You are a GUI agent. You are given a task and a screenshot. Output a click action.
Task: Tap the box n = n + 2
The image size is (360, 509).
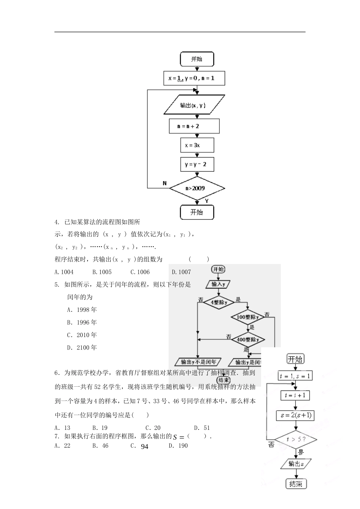coord(194,126)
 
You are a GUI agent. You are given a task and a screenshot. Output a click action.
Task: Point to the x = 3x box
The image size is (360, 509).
coord(197,145)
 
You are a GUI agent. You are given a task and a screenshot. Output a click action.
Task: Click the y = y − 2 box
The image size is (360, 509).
coord(197,164)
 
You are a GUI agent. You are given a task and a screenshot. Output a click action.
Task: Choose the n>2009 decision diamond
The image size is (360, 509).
coord(197,188)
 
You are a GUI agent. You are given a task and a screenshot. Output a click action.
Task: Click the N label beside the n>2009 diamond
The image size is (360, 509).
coord(164,183)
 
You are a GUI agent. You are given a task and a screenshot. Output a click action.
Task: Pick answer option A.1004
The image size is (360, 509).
coord(64,272)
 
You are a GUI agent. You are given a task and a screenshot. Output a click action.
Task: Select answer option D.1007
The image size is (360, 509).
coord(181,272)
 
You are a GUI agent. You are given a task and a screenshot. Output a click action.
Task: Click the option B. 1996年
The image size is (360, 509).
coord(82,322)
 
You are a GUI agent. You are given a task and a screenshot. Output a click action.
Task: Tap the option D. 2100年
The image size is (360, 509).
coord(82,347)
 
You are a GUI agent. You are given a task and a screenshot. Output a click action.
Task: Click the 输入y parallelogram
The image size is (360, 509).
coord(219,284)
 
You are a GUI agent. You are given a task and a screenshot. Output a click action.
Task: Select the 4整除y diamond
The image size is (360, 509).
coord(219,303)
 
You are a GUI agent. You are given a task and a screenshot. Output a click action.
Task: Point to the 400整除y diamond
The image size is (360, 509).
coord(248,340)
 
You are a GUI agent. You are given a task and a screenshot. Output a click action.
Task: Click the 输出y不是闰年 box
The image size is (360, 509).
coord(199,362)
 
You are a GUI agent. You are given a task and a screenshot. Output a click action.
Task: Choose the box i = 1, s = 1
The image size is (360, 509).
coord(295,376)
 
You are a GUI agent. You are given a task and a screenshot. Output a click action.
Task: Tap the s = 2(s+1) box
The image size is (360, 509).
coord(295,415)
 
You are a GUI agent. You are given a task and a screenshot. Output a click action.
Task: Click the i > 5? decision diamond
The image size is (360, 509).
coord(296,440)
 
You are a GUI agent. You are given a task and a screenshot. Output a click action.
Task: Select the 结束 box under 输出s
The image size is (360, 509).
coord(296,484)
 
